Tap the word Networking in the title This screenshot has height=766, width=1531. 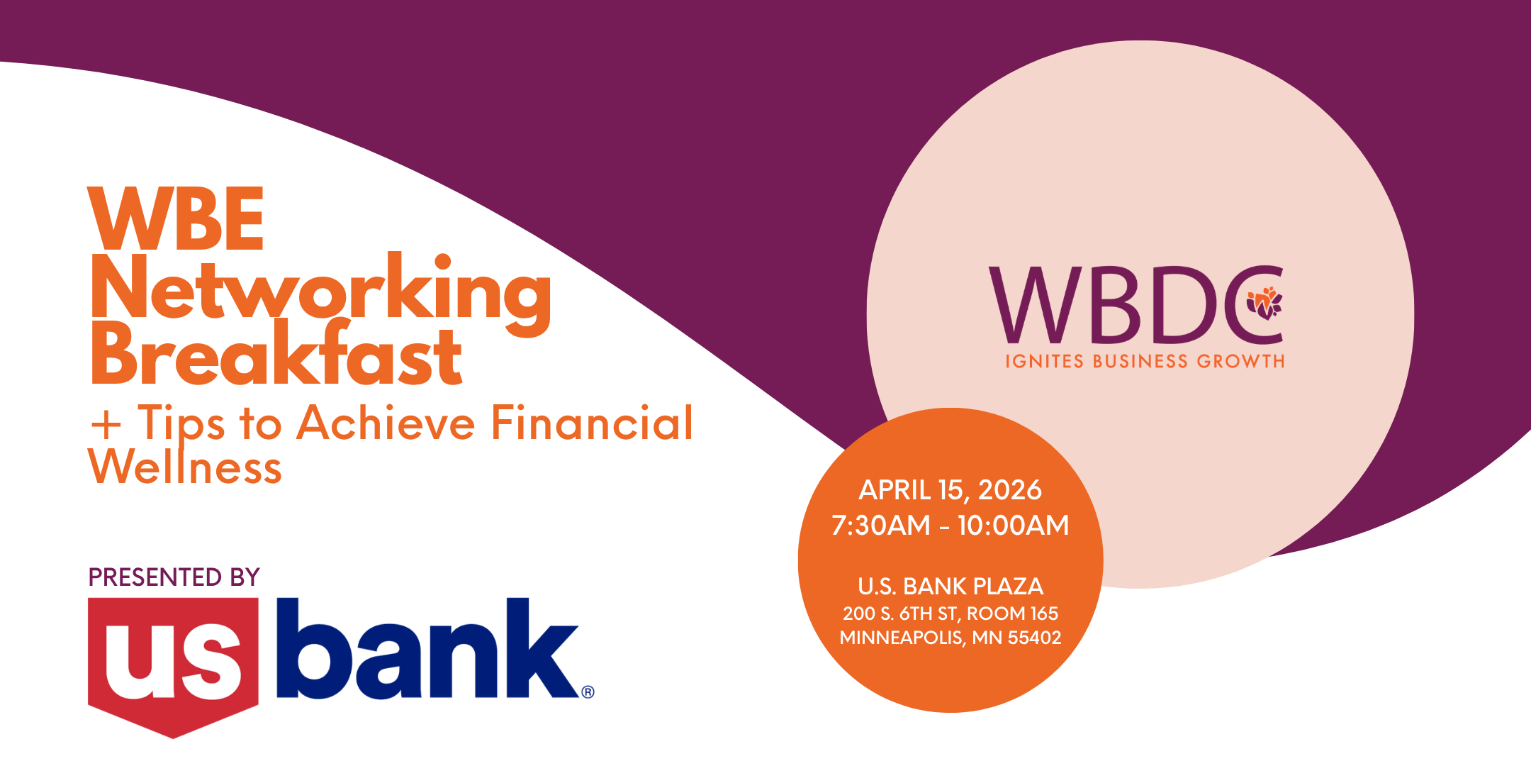click(321, 293)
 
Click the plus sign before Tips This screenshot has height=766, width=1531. click(106, 425)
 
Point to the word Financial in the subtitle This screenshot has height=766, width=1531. click(592, 423)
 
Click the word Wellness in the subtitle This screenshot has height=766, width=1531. click(185, 466)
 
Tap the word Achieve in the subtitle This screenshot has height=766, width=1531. click(386, 423)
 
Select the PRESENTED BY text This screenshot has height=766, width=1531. click(174, 577)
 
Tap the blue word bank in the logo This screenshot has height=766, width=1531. click(427, 648)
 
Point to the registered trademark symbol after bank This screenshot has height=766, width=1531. click(588, 692)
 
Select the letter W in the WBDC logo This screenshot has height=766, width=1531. click(1036, 305)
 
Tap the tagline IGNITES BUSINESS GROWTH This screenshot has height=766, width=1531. click(1145, 362)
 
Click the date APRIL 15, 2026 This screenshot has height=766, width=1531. click(950, 490)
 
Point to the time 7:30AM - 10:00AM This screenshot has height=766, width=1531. click(950, 526)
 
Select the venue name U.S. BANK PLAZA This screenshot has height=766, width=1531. click(950, 587)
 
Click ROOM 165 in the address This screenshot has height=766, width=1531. click(1013, 614)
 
